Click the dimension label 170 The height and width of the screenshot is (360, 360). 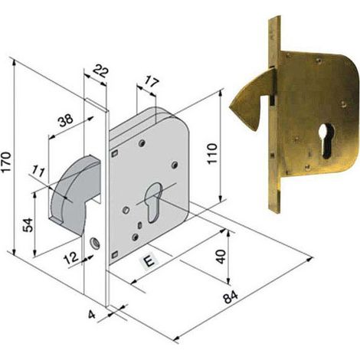6,162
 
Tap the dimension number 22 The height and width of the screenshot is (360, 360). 100,71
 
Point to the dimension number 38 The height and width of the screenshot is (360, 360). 66,121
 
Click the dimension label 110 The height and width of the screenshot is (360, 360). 212,154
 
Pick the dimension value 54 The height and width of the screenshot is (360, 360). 28,224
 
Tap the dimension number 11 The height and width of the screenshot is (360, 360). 39,172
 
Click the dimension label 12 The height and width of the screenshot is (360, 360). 71,258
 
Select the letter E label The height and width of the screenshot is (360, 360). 150,261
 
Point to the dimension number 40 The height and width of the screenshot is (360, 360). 221,257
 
